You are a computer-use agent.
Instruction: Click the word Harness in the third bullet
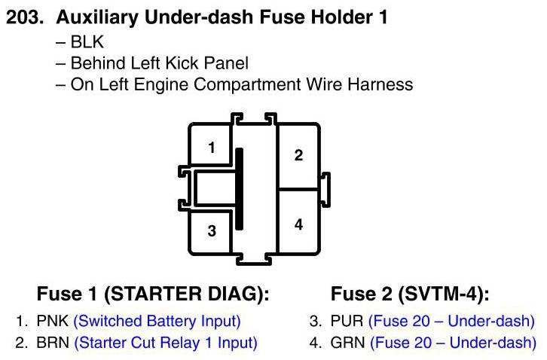(380, 84)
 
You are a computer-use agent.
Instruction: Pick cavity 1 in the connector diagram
(212, 148)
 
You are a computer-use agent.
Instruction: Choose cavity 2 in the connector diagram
(298, 156)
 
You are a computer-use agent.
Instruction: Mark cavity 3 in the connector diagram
(212, 230)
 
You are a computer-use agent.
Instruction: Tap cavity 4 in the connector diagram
(298, 224)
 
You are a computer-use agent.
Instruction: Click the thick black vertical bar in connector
(240, 189)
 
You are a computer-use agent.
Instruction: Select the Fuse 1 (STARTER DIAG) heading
(153, 294)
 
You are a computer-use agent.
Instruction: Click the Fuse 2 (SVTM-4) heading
(410, 294)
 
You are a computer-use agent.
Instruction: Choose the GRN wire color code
(347, 343)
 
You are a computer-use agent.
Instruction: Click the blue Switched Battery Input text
(157, 322)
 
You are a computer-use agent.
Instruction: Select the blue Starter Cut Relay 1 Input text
(166, 343)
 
